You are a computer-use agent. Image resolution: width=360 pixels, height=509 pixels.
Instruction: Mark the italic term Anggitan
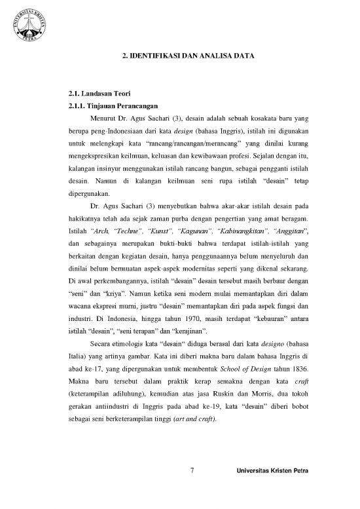coord(283,233)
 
